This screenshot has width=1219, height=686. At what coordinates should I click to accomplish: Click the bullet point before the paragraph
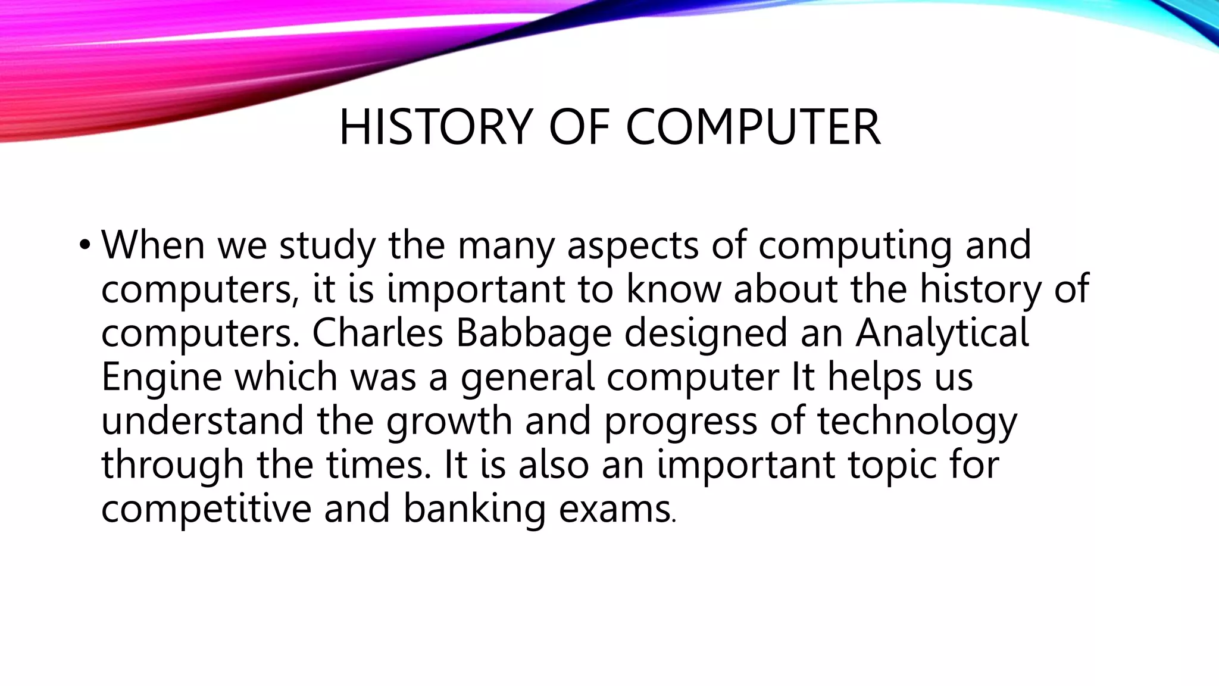tap(85, 245)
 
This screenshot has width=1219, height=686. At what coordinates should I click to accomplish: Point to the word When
tap(153, 245)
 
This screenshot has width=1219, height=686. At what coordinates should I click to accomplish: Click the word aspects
tap(633, 245)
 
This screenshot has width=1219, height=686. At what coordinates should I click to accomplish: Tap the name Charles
tap(377, 333)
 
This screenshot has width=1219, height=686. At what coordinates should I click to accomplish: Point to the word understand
tap(202, 420)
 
